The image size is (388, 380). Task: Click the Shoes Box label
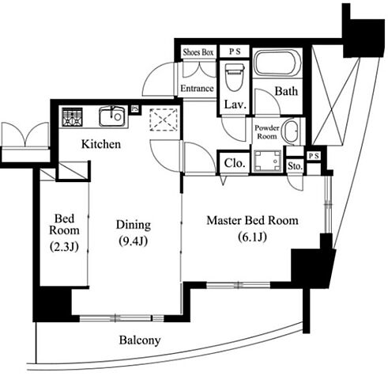click(198, 52)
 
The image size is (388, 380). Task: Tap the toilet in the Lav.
click(235, 77)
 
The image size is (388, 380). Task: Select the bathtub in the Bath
click(278, 63)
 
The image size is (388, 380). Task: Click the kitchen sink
click(112, 116)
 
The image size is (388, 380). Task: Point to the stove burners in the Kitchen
click(73, 116)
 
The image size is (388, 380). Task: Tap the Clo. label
click(235, 163)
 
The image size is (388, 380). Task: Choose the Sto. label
click(295, 166)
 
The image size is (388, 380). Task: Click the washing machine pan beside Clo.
click(267, 161)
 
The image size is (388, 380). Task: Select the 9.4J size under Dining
click(133, 241)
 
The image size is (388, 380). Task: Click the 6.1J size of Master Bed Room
click(252, 237)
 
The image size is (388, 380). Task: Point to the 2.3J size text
click(64, 247)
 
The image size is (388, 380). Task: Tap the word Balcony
click(140, 340)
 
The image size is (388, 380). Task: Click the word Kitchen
click(101, 144)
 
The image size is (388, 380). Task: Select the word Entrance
click(197, 88)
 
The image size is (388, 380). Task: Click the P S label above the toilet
click(235, 51)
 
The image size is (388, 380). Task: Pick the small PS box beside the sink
click(135, 108)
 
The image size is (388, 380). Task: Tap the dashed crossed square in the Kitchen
click(164, 120)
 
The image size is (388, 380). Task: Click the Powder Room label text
click(267, 132)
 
